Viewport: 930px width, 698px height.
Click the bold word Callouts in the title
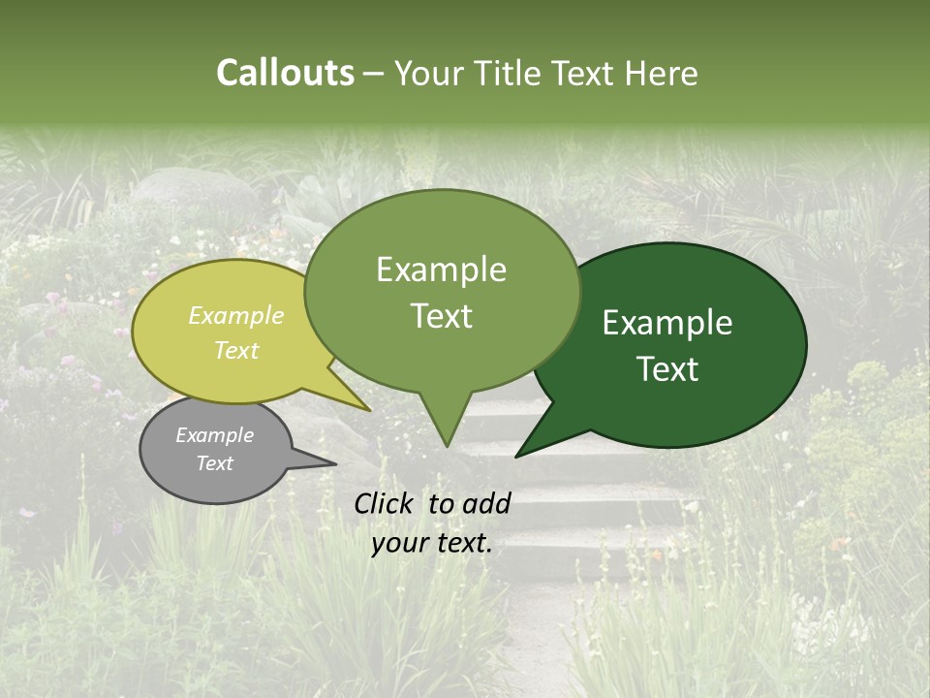click(x=285, y=73)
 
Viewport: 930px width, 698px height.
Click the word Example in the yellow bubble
click(x=236, y=315)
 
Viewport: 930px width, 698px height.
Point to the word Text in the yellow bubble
click(x=236, y=350)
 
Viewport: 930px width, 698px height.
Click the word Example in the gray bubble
click(x=214, y=435)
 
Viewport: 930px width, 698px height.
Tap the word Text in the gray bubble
click(x=214, y=463)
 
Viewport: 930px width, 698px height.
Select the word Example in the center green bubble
click(x=441, y=270)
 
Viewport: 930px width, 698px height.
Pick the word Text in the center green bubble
click(x=441, y=316)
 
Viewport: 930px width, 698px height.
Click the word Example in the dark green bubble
click(x=667, y=323)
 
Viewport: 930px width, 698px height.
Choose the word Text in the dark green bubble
click(x=667, y=369)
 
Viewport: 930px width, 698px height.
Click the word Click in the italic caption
click(x=387, y=503)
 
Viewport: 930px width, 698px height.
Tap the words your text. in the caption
click(x=432, y=543)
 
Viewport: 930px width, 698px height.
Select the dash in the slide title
click(x=374, y=73)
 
